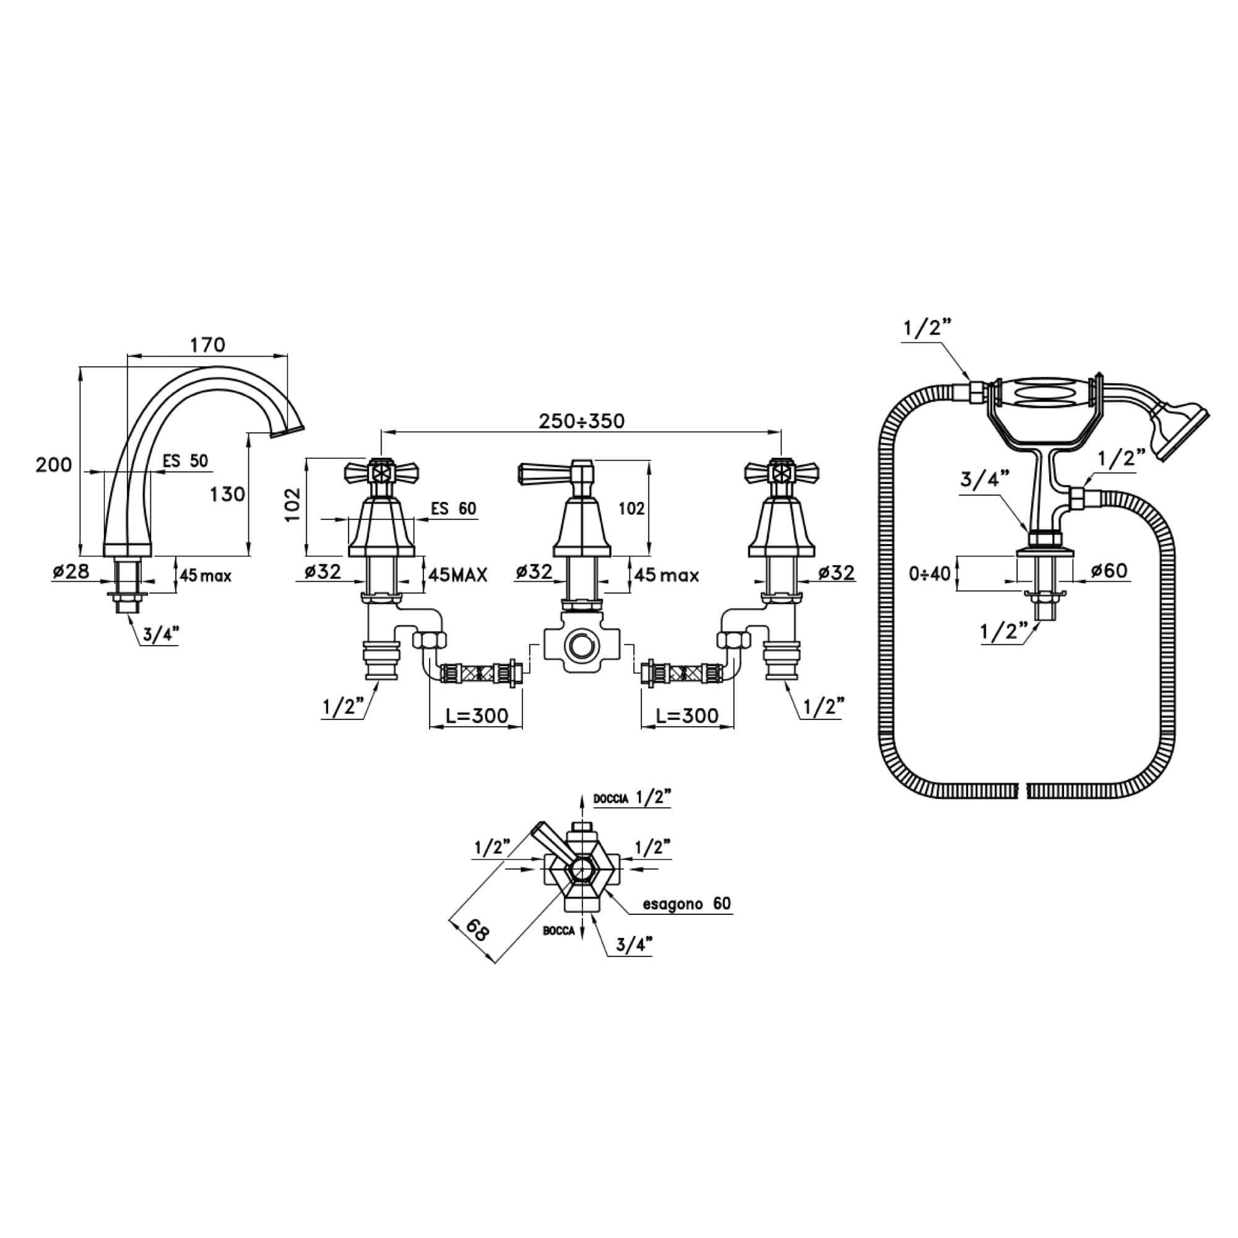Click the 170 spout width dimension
click(207, 345)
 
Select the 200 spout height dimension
click(54, 465)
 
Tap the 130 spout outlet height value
click(227, 493)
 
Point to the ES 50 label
click(185, 461)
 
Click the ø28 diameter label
click(71, 570)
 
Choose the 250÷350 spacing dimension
click(581, 421)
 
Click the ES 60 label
click(454, 509)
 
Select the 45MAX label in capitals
click(457, 575)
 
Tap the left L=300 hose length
click(477, 715)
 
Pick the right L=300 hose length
click(688, 715)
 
